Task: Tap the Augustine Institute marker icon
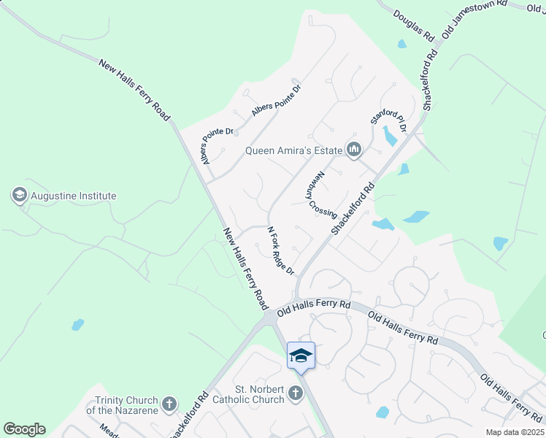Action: coord(19,195)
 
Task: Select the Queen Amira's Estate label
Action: coord(293,151)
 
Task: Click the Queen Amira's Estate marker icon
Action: coord(355,150)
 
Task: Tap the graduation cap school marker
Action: coord(301,356)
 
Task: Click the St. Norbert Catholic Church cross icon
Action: coord(296,394)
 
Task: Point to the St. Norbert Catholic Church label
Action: coord(248,394)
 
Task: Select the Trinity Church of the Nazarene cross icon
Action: coord(169,404)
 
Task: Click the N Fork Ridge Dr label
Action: coord(280,250)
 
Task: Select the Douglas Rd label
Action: coord(414,24)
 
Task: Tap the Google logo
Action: coord(24,429)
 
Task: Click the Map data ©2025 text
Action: coord(514,432)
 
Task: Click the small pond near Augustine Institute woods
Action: coord(77,324)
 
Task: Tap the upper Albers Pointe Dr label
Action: coord(277,101)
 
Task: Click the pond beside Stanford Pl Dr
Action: coord(391,136)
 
